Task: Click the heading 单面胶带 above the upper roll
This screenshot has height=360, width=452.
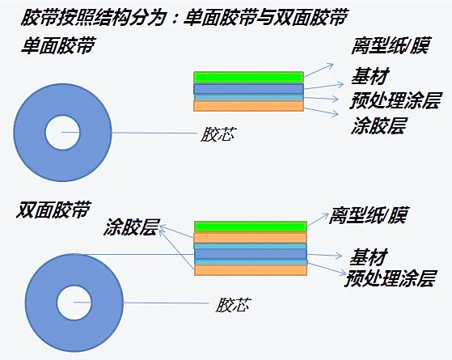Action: tap(58, 45)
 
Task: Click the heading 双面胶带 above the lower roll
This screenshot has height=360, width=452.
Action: tap(53, 210)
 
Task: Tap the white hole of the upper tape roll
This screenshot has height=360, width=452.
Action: tap(62, 133)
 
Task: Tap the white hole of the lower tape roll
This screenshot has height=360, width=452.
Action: tap(74, 303)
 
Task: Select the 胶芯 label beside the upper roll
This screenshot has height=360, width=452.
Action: tap(218, 134)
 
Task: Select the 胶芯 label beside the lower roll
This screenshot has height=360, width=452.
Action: tap(234, 305)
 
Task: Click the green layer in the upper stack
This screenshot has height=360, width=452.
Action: tap(248, 78)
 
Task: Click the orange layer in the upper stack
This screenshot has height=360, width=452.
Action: tap(248, 106)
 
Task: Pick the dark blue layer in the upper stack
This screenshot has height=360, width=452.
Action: tap(248, 89)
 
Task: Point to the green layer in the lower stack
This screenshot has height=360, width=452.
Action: tap(251, 227)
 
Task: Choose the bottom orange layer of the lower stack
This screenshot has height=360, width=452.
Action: tap(251, 270)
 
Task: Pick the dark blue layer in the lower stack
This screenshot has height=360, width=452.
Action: tap(251, 254)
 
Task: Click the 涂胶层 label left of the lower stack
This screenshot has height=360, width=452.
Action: tap(131, 227)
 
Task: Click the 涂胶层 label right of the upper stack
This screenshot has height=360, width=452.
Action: tap(378, 125)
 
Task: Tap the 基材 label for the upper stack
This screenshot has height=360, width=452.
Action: tap(370, 76)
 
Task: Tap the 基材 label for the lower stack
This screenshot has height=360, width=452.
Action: tap(368, 257)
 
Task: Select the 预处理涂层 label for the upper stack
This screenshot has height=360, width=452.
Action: tap(395, 100)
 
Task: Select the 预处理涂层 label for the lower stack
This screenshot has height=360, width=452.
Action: tap(391, 278)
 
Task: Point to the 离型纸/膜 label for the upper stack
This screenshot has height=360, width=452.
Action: tap(391, 45)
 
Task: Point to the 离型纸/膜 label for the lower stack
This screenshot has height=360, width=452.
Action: tap(368, 215)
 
